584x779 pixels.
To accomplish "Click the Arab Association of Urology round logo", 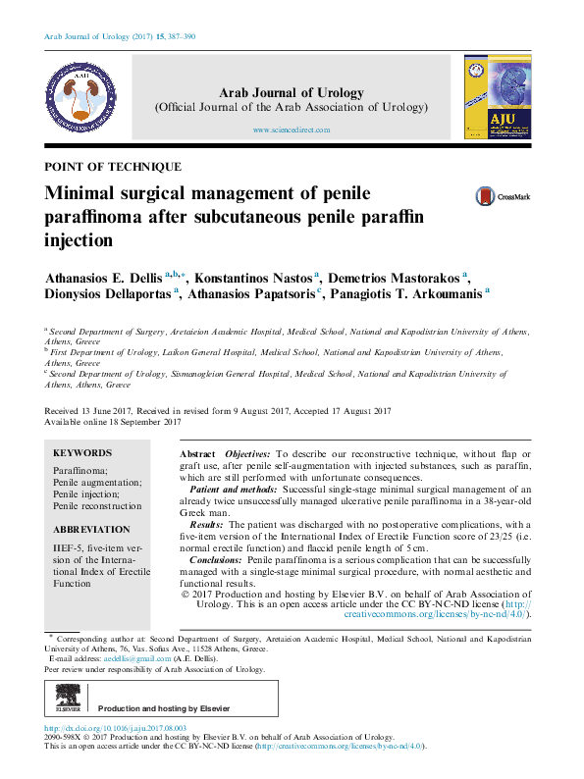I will pos(84,95).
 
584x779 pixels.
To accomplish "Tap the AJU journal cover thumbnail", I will pos(497,96).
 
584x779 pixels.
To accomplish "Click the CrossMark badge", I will pos(502,196).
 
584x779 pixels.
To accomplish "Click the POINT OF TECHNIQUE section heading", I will pos(113,167).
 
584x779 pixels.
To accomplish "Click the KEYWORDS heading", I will pos(82,453).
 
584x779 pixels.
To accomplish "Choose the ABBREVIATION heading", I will pos(91,529).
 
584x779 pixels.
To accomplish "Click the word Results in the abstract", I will pos(215,525).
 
